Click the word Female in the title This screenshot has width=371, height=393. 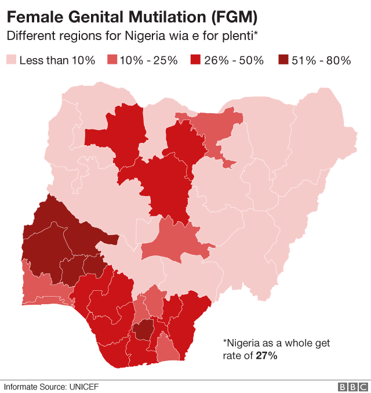click(31, 16)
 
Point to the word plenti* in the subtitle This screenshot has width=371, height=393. click(238, 36)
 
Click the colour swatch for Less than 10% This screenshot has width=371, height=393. click(11, 60)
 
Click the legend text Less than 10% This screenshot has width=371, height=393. click(57, 60)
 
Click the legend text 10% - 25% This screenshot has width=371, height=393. click(148, 60)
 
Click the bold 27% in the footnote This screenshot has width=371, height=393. click(266, 355)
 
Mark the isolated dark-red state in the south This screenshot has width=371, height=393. click(143, 330)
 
